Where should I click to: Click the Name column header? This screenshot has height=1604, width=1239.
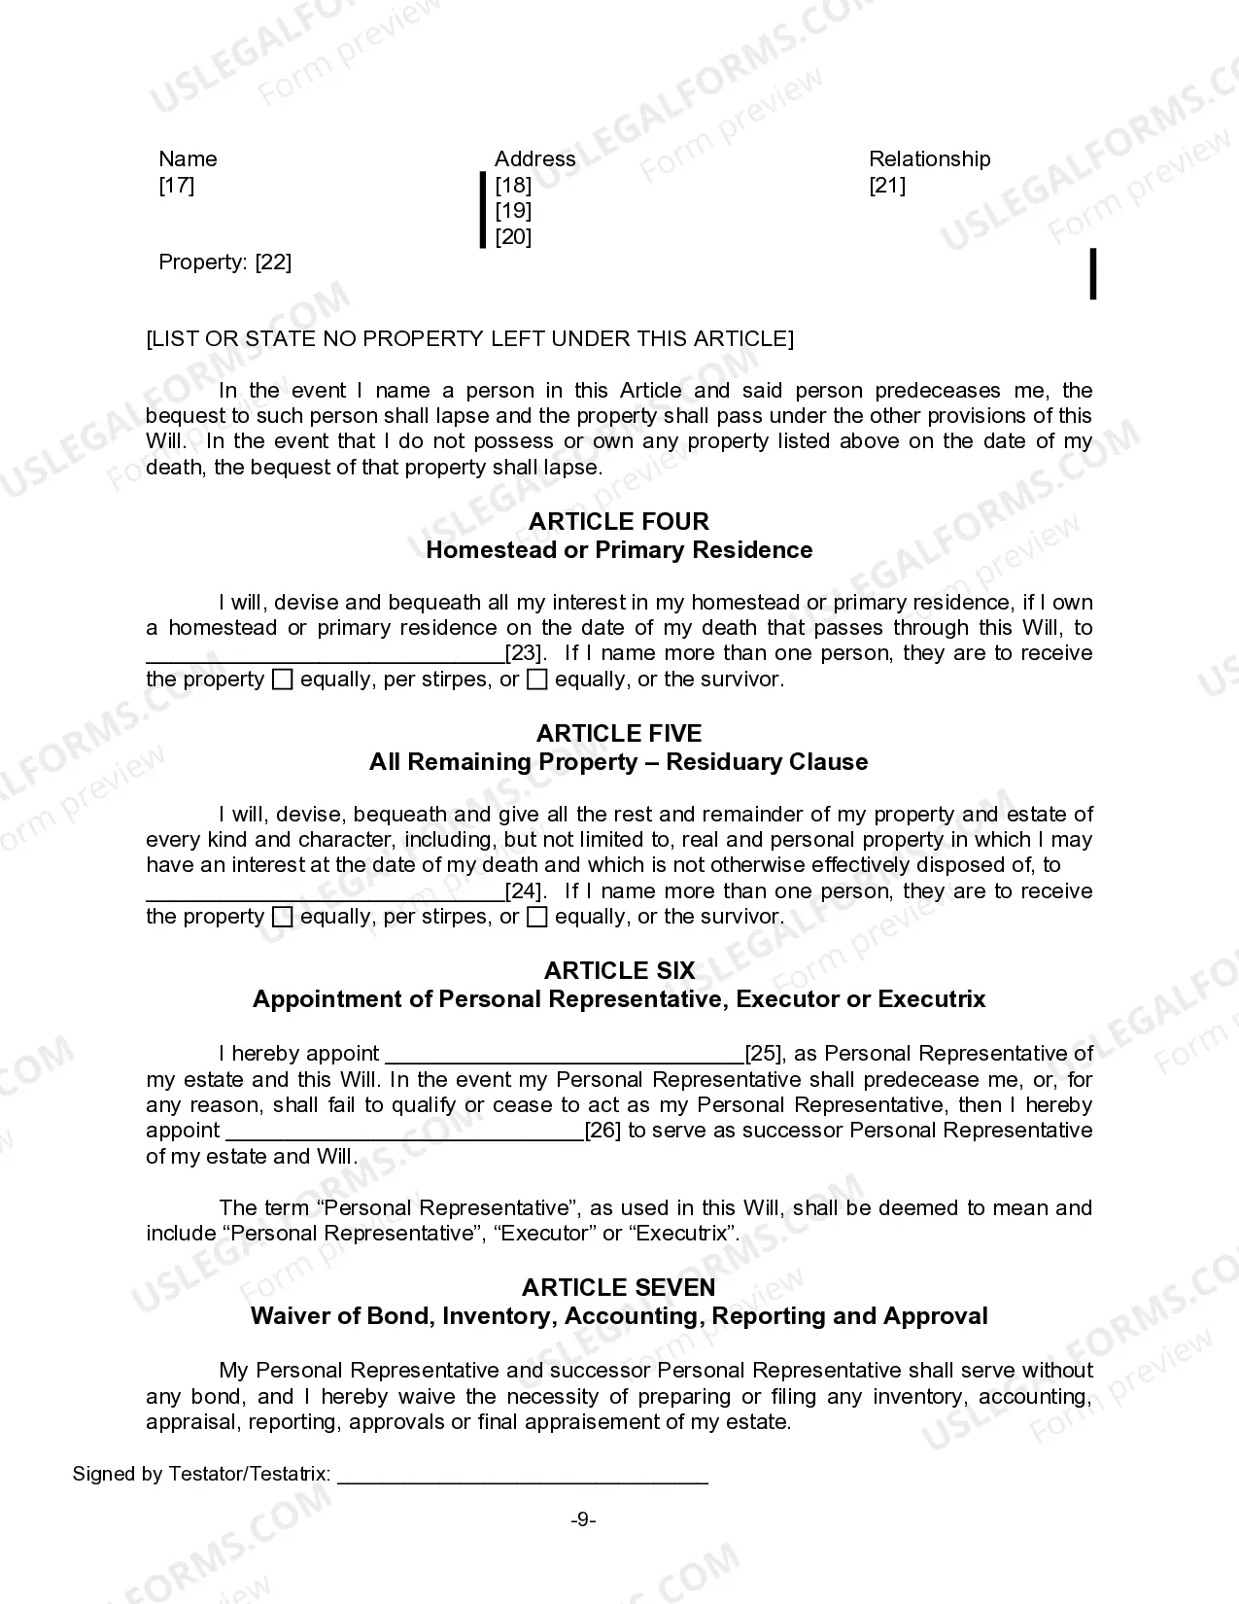188,158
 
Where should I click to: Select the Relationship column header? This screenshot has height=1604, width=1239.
929,158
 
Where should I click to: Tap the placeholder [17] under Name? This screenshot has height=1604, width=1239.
177,185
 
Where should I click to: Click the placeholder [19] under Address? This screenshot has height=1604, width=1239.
513,210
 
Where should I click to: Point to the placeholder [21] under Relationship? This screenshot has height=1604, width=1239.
887,185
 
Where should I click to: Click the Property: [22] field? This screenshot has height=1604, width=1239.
224,262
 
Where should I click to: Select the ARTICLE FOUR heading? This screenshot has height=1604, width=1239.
619,521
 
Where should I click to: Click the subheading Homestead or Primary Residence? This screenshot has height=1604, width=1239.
619,550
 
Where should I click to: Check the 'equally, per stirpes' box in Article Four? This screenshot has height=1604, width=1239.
282,680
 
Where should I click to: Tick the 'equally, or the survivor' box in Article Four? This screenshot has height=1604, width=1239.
537,680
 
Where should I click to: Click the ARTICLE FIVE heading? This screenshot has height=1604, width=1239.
619,733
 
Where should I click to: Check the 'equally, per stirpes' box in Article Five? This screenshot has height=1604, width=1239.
282,917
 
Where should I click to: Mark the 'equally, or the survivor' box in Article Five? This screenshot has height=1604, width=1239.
537,917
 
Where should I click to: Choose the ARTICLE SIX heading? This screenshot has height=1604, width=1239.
619,970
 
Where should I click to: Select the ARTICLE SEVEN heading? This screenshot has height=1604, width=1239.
619,1287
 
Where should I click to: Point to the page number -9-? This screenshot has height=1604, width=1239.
583,1519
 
